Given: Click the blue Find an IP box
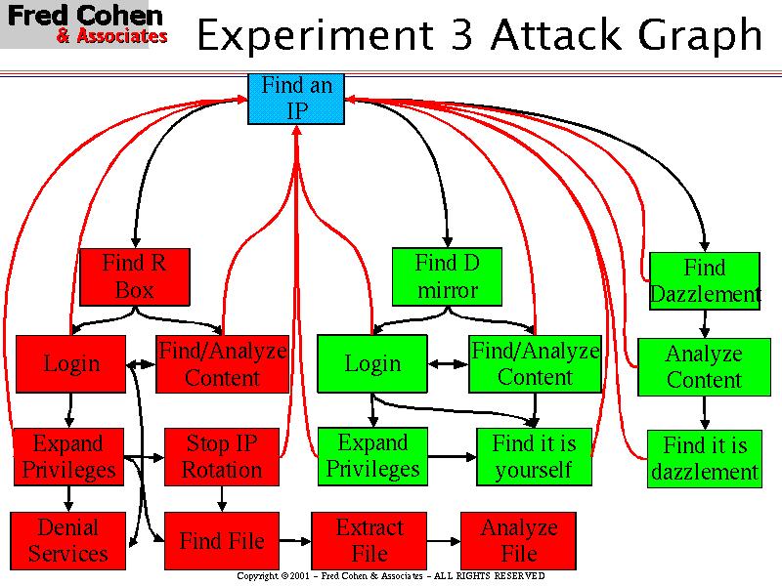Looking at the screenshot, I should (x=296, y=99).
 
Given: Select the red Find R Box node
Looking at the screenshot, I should (x=134, y=276).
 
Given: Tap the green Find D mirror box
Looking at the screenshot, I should (x=447, y=276).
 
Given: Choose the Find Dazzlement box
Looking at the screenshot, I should (x=704, y=280).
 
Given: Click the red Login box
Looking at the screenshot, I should (x=71, y=363).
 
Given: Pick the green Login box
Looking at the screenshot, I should (x=372, y=363).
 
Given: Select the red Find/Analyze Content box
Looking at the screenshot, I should (x=222, y=363).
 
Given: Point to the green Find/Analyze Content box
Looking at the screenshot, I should (x=535, y=363).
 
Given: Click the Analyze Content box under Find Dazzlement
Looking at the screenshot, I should (x=704, y=366).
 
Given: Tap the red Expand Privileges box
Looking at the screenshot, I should (x=68, y=456).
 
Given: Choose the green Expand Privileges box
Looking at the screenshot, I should (x=372, y=456).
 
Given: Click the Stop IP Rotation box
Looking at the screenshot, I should (x=222, y=456).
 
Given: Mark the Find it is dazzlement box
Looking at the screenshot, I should (x=704, y=459).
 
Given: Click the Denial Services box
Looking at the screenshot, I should (x=67, y=540).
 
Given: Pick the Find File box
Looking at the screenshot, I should (x=221, y=540).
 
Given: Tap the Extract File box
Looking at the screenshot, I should (x=369, y=540).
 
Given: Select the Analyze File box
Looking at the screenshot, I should (x=519, y=540).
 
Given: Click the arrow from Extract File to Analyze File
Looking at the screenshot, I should (x=445, y=540).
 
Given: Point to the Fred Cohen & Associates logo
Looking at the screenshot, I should (x=85, y=25).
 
